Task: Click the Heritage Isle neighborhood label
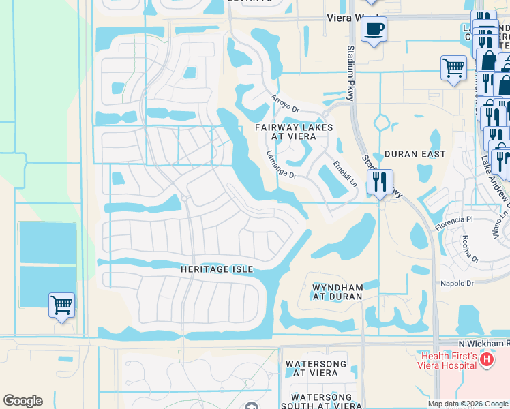click(216, 269)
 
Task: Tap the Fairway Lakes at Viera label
click(294, 132)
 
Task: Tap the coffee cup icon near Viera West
click(373, 30)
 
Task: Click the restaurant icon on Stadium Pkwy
click(380, 182)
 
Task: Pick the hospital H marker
click(486, 359)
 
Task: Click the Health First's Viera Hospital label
click(448, 360)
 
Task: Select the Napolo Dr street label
click(456, 283)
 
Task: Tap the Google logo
click(22, 401)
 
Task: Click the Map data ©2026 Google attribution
click(468, 404)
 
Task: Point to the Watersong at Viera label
click(311, 368)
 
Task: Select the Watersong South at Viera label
click(321, 401)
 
